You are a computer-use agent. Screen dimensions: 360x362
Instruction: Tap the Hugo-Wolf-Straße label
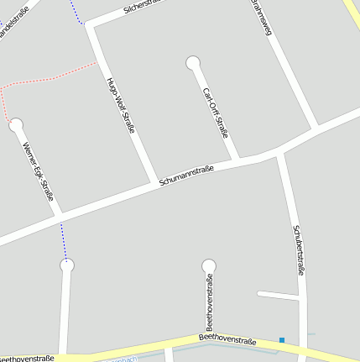pyautogui.click(x=121, y=108)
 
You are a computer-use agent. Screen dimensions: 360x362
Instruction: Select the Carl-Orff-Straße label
pyautogui.click(x=216, y=113)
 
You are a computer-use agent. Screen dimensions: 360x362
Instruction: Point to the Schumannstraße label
pyautogui.click(x=186, y=176)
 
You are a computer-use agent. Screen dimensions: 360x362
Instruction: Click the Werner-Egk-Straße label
pyautogui.click(x=39, y=172)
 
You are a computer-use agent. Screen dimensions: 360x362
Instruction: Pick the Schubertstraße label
pyautogui.click(x=297, y=249)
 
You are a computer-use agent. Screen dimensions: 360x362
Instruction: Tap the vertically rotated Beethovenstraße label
pyautogui.click(x=209, y=303)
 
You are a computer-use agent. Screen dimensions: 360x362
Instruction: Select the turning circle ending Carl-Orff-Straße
pyautogui.click(x=193, y=62)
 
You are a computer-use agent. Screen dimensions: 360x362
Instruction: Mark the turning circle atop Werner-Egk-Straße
pyautogui.click(x=15, y=125)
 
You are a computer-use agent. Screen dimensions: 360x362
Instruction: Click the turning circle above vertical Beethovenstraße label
pyautogui.click(x=209, y=266)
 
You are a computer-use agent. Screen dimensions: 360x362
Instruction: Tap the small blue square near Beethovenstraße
pyautogui.click(x=282, y=340)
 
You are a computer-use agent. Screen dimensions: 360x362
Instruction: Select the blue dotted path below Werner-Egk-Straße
pyautogui.click(x=63, y=242)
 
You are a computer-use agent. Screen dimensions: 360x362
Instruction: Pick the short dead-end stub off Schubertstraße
pyautogui.click(x=278, y=295)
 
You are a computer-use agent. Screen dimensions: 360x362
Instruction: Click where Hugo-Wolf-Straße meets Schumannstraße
pyautogui.click(x=154, y=181)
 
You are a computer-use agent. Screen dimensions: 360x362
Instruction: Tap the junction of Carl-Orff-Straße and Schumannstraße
pyautogui.click(x=237, y=160)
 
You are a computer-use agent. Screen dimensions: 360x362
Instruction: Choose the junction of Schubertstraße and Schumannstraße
pyautogui.click(x=280, y=152)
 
